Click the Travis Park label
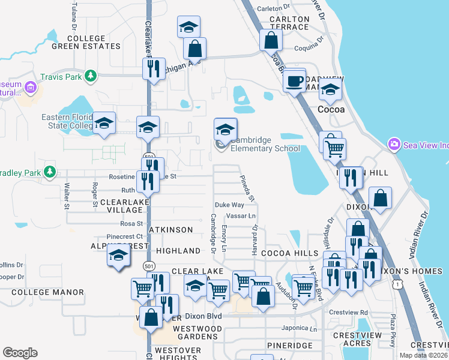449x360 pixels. (x=61, y=77)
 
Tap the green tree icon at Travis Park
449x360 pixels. (x=90, y=76)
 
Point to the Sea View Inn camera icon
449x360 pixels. (x=394, y=144)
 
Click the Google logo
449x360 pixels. (x=20, y=353)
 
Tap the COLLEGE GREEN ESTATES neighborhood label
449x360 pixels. (x=86, y=42)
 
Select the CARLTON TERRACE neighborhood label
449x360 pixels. (x=289, y=23)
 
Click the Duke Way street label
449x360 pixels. (x=229, y=205)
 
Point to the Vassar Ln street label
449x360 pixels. (x=240, y=215)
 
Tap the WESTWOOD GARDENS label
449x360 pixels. (x=197, y=332)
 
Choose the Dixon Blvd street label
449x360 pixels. (x=203, y=316)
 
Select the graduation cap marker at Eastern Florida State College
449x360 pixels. (x=104, y=123)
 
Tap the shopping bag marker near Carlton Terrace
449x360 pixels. (x=271, y=40)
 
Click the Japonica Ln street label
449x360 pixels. (x=300, y=328)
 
